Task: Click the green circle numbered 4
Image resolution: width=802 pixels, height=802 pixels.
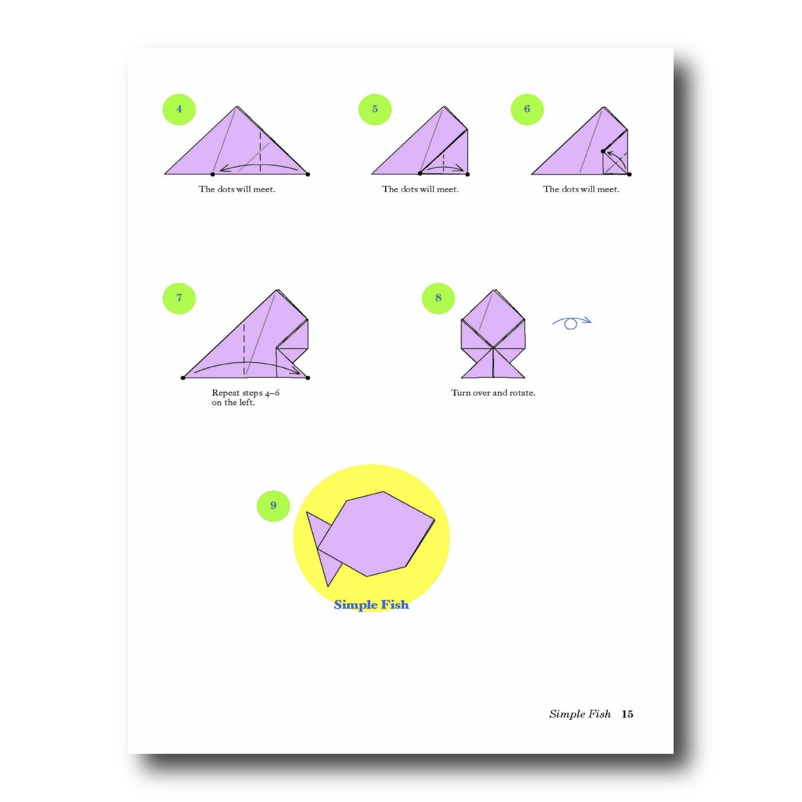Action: tap(179, 109)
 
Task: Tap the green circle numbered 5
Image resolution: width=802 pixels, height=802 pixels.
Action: tap(375, 109)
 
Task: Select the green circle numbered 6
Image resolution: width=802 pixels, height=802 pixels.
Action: tap(527, 109)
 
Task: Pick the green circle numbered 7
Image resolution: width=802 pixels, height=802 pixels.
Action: tap(179, 298)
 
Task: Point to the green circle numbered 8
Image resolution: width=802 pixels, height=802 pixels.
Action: tap(438, 298)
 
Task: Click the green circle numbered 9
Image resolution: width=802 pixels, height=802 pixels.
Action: tap(273, 505)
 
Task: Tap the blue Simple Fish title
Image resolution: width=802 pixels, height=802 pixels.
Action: tap(371, 605)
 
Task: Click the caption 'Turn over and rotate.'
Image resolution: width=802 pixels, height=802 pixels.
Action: tap(493, 393)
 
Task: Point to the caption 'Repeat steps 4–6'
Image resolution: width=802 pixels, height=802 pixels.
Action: tap(245, 393)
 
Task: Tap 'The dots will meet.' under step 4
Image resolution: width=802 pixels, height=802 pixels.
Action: tap(237, 189)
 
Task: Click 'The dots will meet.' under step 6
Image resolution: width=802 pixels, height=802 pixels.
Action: tap(581, 189)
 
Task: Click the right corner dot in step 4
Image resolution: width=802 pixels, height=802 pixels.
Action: tap(308, 174)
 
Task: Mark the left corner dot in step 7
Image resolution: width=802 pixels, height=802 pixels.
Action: tap(183, 378)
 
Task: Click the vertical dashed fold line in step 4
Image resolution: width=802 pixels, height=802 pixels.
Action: tap(260, 152)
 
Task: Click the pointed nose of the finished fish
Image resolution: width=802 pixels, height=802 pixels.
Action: tap(433, 520)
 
